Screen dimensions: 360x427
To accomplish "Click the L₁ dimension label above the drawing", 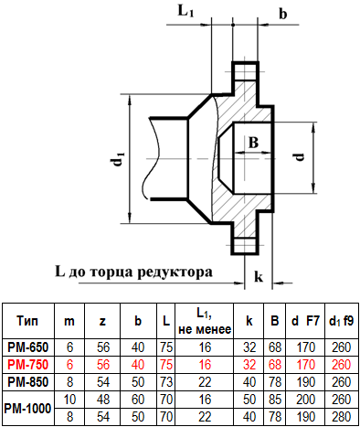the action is click(185, 11).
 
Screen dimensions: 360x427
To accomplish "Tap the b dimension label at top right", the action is click(283, 14).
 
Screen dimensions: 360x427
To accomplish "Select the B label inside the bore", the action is click(253, 143).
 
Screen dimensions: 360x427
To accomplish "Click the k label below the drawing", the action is click(259, 276).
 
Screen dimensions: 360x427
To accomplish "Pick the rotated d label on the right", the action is click(300, 157).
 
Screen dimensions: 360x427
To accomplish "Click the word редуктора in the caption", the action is click(175, 272).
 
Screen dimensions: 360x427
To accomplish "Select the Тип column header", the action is click(27, 321).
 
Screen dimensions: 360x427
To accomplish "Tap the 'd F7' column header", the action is click(305, 321).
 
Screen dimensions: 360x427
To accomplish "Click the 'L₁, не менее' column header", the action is click(205, 321).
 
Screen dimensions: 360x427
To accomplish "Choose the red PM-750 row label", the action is click(28, 365).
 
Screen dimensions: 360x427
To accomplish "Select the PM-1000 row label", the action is click(27, 409).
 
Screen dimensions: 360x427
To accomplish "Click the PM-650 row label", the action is click(28, 347).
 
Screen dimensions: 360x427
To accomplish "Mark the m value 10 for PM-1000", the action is click(69, 400).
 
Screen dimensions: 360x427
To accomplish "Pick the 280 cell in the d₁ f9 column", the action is click(342, 417).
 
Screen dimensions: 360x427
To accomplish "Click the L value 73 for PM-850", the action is click(166, 382).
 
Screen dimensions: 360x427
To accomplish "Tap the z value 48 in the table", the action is click(103, 400).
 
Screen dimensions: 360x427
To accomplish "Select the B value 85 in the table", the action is click(275, 400).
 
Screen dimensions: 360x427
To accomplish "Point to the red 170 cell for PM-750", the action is click(305, 365).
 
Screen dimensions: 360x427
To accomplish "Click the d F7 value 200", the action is click(305, 400).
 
